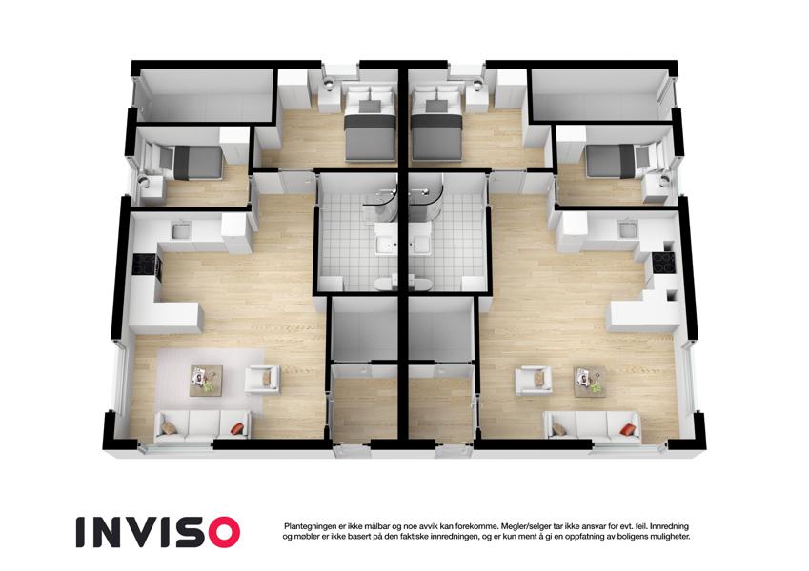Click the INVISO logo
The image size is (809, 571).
click(158, 532)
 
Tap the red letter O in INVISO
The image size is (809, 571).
click(222, 532)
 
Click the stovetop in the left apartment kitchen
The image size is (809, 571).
click(145, 265)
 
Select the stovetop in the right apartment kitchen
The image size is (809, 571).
click(663, 263)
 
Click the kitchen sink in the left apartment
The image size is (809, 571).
click(181, 230)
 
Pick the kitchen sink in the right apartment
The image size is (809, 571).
click(628, 228)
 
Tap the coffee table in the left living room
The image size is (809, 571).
click(206, 381)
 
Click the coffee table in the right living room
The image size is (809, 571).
click(590, 382)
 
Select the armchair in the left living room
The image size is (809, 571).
click(262, 380)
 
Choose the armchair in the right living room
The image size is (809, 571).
click(534, 381)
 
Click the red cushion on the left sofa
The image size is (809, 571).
click(237, 428)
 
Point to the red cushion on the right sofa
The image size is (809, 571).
click(627, 429)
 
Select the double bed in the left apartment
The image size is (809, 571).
click(370, 124)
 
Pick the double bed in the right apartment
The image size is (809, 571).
click(436, 124)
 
